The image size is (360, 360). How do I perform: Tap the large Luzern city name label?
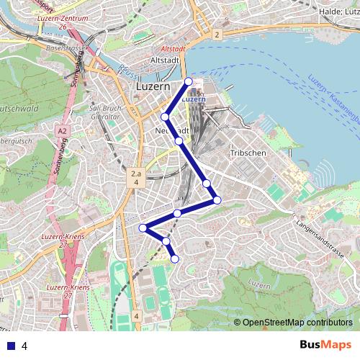point(153,87)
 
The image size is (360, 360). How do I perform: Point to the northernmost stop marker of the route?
point(189,81)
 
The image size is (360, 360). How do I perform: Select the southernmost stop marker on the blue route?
point(174,258)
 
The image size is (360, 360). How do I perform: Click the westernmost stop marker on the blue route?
point(143,228)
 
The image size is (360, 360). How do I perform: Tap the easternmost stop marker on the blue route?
point(217,199)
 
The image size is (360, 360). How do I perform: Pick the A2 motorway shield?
point(63,130)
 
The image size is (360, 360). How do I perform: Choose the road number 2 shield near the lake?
point(216,34)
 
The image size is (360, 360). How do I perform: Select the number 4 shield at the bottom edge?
point(136,315)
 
